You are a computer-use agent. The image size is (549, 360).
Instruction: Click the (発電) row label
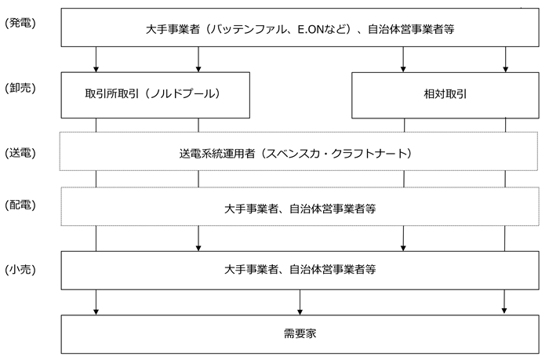tap(20, 23)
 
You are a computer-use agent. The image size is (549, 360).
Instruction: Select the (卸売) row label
tap(20, 88)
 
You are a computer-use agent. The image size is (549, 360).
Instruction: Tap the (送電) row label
tap(20, 153)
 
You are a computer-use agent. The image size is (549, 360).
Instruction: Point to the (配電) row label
tap(20, 205)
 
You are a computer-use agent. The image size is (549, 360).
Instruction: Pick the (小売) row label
tap(20, 270)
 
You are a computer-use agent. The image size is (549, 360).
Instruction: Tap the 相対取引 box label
tap(445, 94)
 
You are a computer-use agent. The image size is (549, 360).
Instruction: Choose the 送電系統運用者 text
tap(216, 154)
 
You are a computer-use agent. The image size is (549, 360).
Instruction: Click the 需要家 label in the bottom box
tap(300, 333)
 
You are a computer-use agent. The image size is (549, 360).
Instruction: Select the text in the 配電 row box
tap(300, 209)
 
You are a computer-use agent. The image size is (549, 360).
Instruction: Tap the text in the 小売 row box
tap(300, 269)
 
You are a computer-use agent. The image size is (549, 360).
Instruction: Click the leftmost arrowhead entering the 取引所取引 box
tap(96, 69)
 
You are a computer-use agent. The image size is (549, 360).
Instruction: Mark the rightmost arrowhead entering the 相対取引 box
tap(505, 69)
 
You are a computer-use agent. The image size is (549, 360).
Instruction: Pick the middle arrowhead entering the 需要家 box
tap(300, 312)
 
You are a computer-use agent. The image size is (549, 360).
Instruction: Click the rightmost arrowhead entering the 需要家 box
tap(504, 311)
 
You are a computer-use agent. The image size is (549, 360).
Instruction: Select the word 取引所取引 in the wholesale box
tap(112, 94)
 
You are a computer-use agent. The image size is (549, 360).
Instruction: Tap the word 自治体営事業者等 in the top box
tap(411, 29)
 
